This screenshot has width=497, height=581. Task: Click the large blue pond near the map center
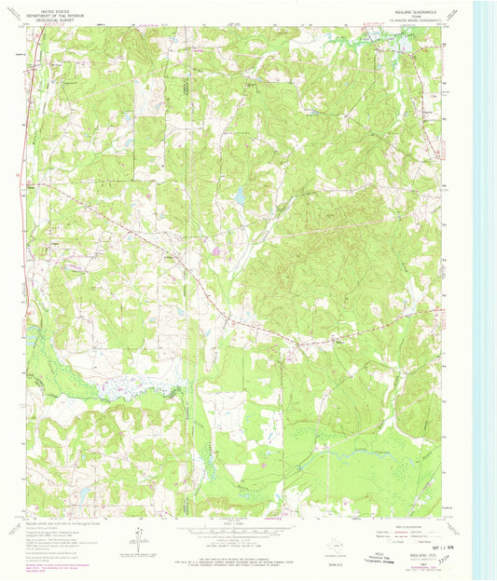(x=241, y=195)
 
